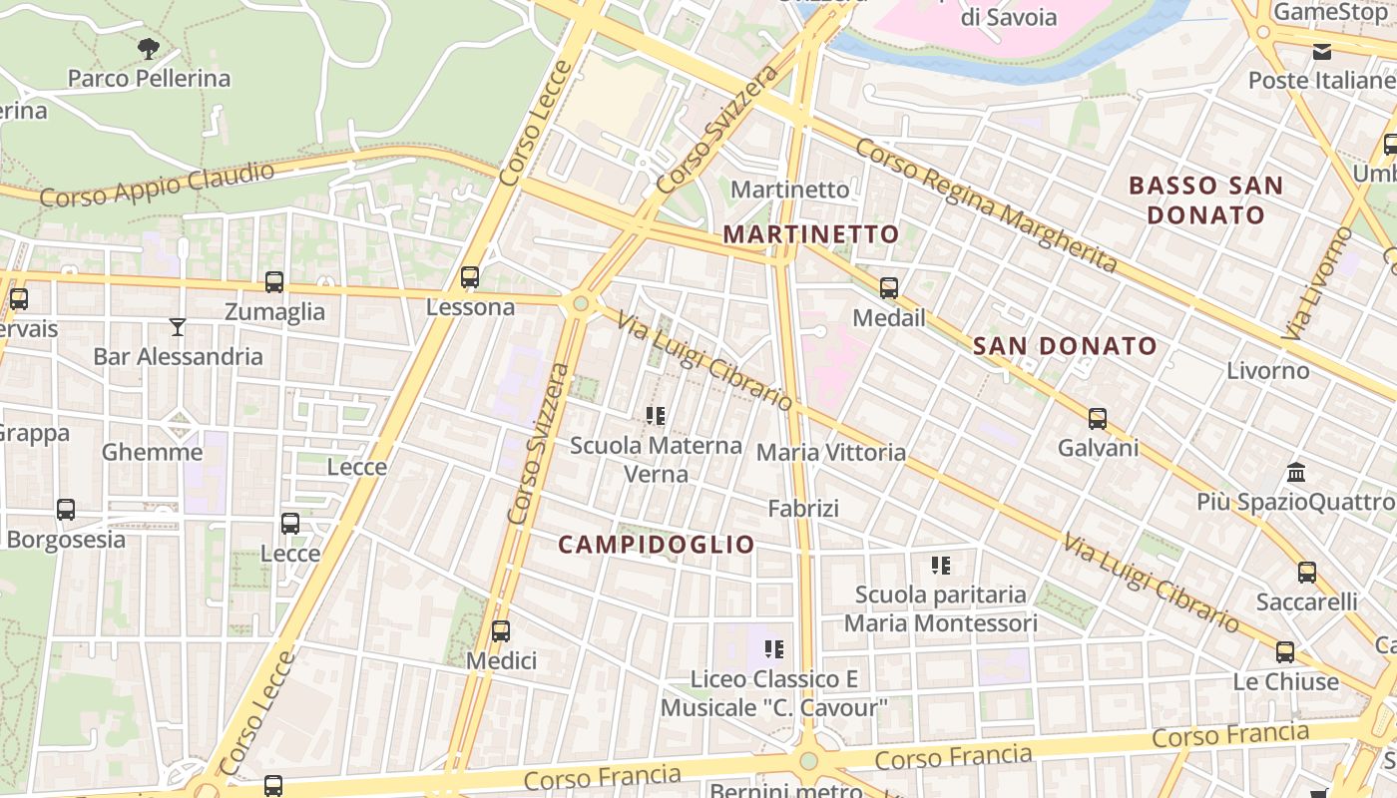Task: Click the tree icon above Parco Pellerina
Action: pyautogui.click(x=148, y=48)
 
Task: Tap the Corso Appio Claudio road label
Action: pyautogui.click(x=157, y=185)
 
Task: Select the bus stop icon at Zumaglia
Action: pyautogui.click(x=274, y=282)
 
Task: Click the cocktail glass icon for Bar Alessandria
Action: pyautogui.click(x=178, y=326)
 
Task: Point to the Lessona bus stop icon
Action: pyautogui.click(x=470, y=277)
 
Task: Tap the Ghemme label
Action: pyautogui.click(x=152, y=452)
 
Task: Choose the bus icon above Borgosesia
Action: pyautogui.click(x=66, y=510)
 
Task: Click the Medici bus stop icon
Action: pyautogui.click(x=501, y=630)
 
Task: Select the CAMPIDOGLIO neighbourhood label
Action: pyautogui.click(x=657, y=545)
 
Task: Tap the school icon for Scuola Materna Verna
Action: pyautogui.click(x=656, y=416)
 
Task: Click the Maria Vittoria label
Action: pyautogui.click(x=831, y=453)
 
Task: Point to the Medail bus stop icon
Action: pyautogui.click(x=889, y=288)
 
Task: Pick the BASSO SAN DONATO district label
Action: pyautogui.click(x=1205, y=199)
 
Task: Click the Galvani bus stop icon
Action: pyautogui.click(x=1098, y=419)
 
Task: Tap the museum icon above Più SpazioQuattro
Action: pyautogui.click(x=1296, y=472)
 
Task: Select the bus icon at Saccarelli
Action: pyautogui.click(x=1307, y=573)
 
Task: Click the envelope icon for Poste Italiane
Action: pyautogui.click(x=1322, y=51)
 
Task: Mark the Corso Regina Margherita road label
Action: pyautogui.click(x=986, y=205)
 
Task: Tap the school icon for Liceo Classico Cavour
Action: pyautogui.click(x=774, y=649)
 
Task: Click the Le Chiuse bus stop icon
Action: pyautogui.click(x=1285, y=652)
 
